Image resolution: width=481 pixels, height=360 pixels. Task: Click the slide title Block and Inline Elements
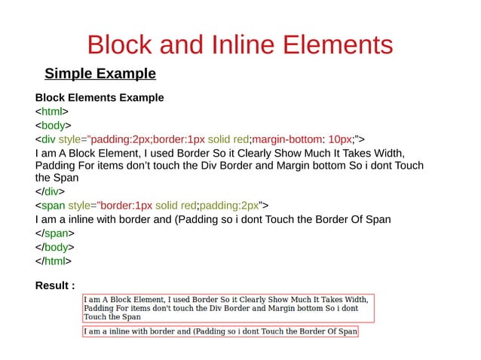pyautogui.click(x=240, y=44)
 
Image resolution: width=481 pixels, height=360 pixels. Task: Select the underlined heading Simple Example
pyautogui.click(x=100, y=74)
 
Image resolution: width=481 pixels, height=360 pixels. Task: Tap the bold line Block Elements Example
pyautogui.click(x=100, y=98)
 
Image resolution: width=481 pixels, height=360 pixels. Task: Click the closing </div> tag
pyautogui.click(x=51, y=191)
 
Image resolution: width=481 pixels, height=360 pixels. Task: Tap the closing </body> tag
pyautogui.click(x=55, y=246)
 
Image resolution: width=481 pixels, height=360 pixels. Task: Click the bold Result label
pyautogui.click(x=55, y=285)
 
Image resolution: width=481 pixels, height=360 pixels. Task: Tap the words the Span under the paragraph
pyautogui.click(x=57, y=178)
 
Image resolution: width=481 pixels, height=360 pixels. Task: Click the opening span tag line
pyautogui.click(x=152, y=205)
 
